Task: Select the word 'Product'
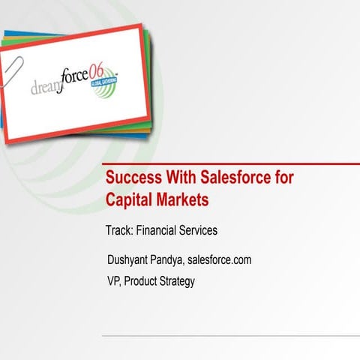pyautogui.click(x=144, y=281)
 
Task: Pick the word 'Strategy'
pyautogui.click(x=180, y=282)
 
